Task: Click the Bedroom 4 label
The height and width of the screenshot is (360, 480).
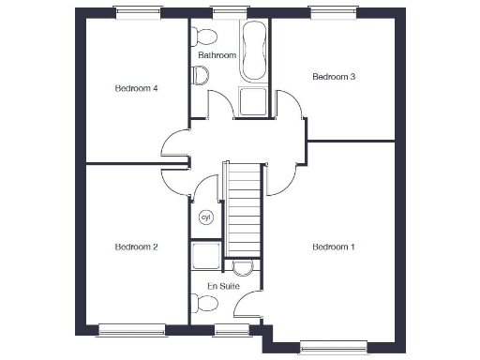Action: (x=136, y=89)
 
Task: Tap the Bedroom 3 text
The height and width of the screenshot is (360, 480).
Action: (x=333, y=77)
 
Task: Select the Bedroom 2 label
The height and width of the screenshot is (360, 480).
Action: (x=136, y=247)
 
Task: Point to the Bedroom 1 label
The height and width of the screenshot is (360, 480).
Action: (x=333, y=247)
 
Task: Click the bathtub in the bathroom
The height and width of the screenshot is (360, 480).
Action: (x=254, y=52)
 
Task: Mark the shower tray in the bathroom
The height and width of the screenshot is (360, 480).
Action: (x=253, y=101)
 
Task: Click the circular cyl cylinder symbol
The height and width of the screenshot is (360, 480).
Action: (x=206, y=217)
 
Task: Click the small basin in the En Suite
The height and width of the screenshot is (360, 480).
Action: (x=243, y=266)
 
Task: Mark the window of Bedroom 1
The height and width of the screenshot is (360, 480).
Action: (x=333, y=349)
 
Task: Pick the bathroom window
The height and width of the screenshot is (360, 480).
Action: (x=225, y=11)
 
